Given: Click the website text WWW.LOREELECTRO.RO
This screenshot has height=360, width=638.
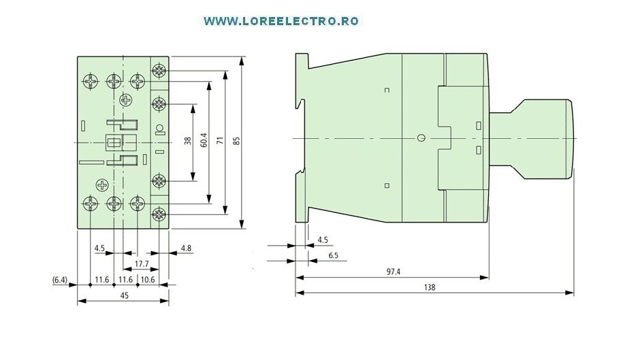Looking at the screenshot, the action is [281, 21].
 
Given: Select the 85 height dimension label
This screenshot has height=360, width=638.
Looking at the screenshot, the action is [236, 141].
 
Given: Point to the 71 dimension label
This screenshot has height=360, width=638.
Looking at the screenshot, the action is [220, 141].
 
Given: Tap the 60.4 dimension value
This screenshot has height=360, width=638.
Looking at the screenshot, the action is [204, 140].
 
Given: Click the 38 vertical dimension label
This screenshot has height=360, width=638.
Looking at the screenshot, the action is [187, 141].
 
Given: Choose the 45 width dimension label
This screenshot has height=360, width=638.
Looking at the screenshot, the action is [125, 295].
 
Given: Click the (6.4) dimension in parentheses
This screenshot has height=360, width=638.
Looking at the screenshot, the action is [60, 280].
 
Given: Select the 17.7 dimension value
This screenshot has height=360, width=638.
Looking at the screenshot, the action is [142, 264].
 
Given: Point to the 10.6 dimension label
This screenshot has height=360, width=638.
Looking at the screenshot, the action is [148, 280].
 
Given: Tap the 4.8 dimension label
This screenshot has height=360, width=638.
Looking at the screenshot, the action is [187, 248].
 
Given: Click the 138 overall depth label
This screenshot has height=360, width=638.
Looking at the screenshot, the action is [430, 287].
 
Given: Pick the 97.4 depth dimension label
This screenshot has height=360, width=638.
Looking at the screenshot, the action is [393, 272].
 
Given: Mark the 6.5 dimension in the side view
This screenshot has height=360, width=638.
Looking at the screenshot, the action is [333, 255].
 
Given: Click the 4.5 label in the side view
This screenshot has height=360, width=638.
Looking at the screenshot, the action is [323, 240].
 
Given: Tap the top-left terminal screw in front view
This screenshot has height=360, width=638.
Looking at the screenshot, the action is [90, 82].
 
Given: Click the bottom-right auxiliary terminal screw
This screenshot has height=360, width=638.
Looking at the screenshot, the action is [159, 214].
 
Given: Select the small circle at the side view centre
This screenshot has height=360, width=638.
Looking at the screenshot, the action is [421, 138].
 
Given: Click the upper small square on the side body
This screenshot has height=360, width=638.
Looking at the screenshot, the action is [387, 91].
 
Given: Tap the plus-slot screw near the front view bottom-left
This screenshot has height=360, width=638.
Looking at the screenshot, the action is [102, 185].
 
